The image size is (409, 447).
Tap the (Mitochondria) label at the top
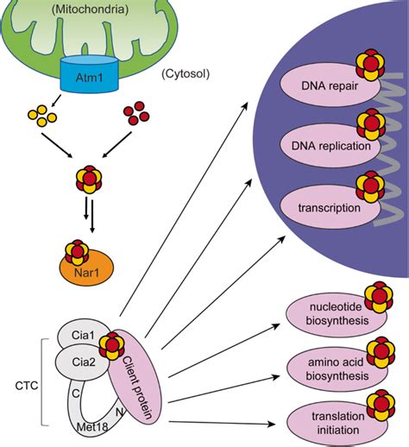click(90, 10)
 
